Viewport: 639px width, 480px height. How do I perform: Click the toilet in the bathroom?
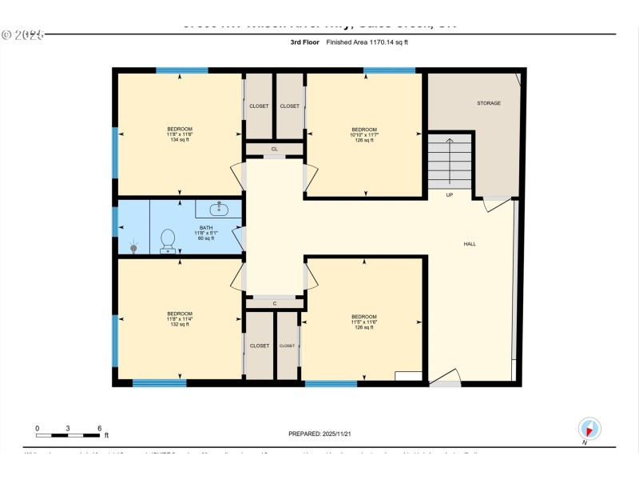[x=168, y=240]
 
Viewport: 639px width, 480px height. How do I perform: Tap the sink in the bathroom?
[x=217, y=209]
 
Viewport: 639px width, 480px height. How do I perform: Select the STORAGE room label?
[x=489, y=103]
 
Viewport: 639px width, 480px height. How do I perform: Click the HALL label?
[x=470, y=244]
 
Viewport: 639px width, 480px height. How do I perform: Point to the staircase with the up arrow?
[x=450, y=162]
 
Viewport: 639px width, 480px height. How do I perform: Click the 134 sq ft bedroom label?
[x=179, y=134]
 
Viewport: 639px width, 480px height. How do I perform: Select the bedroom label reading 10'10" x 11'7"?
[x=364, y=134]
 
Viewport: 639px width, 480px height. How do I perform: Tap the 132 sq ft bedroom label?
[x=179, y=318]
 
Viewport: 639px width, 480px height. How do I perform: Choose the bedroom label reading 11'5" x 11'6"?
[x=364, y=322]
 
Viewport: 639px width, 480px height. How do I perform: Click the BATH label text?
[x=206, y=233]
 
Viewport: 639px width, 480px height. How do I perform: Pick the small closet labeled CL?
[x=274, y=149]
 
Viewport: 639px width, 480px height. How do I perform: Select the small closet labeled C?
[x=274, y=303]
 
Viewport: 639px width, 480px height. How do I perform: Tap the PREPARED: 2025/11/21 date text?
[x=319, y=434]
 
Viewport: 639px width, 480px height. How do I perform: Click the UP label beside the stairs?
[x=450, y=194]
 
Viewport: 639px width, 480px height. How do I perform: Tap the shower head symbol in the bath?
[x=133, y=247]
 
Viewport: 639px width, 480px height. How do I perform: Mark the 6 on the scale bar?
[x=99, y=428]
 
